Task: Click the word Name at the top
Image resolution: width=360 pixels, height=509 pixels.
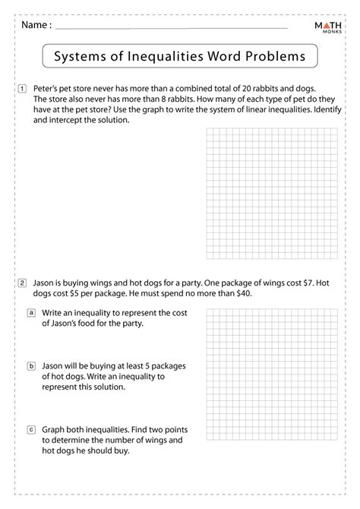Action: pyautogui.click(x=35, y=24)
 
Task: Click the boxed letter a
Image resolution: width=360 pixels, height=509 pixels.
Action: pyautogui.click(x=31, y=312)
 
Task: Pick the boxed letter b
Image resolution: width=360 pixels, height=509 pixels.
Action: pyautogui.click(x=31, y=365)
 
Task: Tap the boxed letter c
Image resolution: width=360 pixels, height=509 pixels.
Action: pyautogui.click(x=31, y=429)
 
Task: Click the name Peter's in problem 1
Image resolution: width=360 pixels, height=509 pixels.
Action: pyautogui.click(x=48, y=89)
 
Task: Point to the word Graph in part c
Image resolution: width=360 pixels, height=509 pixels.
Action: pyautogui.click(x=55, y=429)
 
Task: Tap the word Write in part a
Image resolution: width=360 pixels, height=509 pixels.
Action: pyautogui.click(x=55, y=312)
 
